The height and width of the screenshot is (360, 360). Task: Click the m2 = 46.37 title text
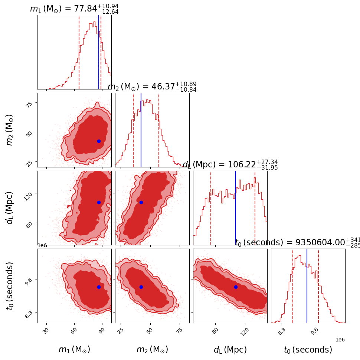[x=152, y=87]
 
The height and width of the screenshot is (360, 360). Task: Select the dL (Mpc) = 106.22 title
[x=230, y=165]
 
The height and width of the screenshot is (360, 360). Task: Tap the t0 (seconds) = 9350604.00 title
[x=297, y=243]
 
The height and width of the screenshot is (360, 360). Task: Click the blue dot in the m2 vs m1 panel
[x=99, y=141]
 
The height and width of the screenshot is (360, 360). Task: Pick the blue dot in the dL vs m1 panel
[x=99, y=202]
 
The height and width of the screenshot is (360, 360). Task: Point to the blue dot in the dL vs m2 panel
[x=141, y=202]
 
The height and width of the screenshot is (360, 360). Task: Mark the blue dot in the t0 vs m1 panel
[x=99, y=287]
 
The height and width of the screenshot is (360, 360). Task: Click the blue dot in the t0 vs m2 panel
[x=141, y=287]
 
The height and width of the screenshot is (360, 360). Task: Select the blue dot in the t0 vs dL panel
[x=236, y=287]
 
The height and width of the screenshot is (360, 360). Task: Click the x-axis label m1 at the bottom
[x=74, y=350]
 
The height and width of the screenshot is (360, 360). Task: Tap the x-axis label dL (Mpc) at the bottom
[x=230, y=350]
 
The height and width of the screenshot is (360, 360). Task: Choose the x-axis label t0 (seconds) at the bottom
[x=308, y=350]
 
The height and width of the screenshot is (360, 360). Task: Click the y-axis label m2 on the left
[x=10, y=130]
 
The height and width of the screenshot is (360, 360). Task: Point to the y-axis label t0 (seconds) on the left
[x=10, y=286]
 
